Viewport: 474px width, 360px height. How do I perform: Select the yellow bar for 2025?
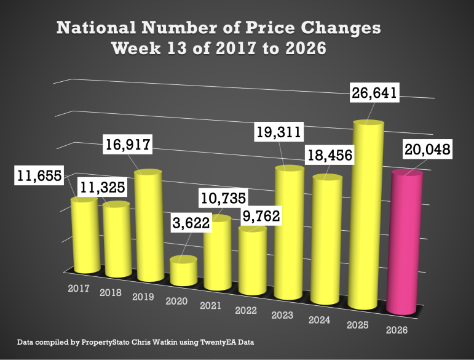367,215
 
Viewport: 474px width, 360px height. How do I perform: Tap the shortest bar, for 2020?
183,271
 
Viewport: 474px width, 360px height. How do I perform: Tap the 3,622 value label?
191,222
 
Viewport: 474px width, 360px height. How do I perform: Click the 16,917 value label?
127,146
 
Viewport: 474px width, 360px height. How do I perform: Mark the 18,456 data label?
331,156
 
